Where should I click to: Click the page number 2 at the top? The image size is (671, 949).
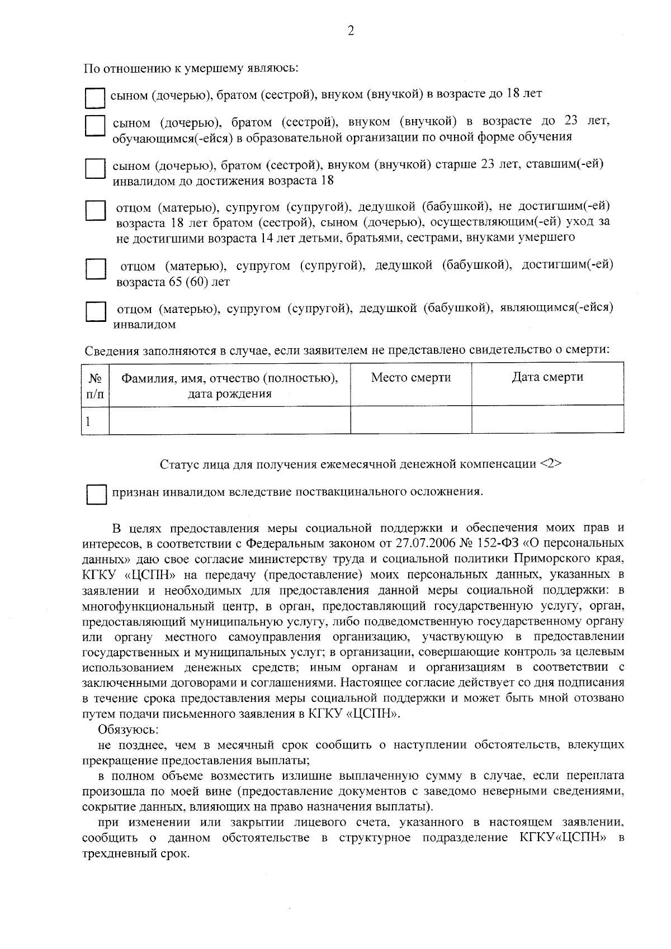click(351, 31)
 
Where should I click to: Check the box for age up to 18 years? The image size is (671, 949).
click(95, 98)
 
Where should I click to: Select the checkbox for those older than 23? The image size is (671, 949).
click(95, 169)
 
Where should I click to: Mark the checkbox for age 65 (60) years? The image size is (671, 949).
click(95, 269)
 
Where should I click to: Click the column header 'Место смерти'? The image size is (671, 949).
click(410, 377)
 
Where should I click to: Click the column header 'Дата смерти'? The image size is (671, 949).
click(547, 377)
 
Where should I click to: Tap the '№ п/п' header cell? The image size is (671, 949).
click(95, 385)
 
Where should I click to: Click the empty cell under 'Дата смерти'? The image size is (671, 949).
click(547, 420)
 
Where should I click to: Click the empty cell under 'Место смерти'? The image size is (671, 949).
click(410, 420)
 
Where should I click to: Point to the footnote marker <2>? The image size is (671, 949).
click(551, 464)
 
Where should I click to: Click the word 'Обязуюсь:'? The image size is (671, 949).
click(129, 729)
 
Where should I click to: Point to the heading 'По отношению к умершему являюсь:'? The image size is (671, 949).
click(191, 69)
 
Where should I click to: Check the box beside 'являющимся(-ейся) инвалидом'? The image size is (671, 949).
click(95, 312)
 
